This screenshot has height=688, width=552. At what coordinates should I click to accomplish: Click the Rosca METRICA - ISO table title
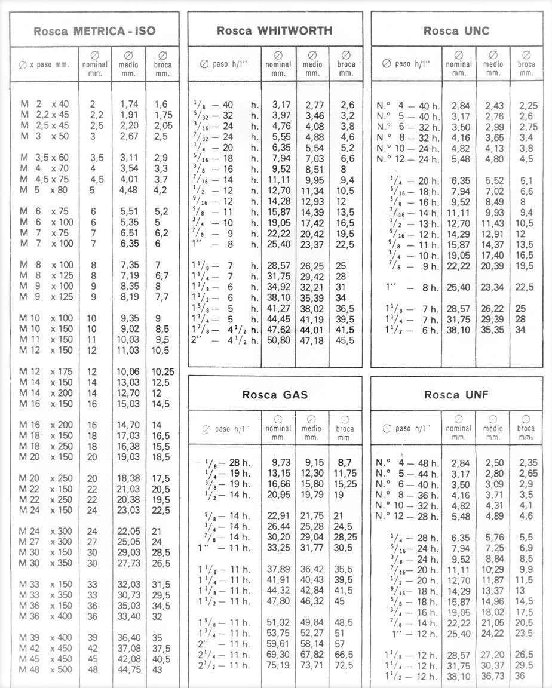[94, 32]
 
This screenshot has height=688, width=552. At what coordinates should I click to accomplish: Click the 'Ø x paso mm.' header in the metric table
[44, 64]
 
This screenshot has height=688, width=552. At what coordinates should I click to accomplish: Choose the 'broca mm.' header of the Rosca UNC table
[526, 64]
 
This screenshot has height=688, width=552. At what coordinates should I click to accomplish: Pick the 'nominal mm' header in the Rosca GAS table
[278, 428]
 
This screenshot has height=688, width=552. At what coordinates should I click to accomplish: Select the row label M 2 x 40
[44, 104]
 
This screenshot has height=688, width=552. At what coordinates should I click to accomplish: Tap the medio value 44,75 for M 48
[128, 669]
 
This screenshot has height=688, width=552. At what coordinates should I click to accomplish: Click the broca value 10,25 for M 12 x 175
[162, 371]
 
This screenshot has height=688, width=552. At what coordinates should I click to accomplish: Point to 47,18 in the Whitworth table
[312, 341]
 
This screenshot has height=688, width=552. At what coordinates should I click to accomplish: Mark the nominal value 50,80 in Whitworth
[278, 341]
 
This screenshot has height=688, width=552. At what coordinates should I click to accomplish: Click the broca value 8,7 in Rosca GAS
[345, 462]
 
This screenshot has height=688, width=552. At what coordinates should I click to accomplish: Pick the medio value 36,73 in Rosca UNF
[492, 677]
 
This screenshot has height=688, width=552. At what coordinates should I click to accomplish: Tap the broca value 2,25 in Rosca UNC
[526, 106]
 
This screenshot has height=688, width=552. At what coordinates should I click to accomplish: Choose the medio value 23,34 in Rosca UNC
[492, 288]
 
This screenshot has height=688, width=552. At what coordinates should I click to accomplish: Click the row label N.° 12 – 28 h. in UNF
[407, 516]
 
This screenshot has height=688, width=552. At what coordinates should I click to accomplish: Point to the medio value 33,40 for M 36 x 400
[128, 616]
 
